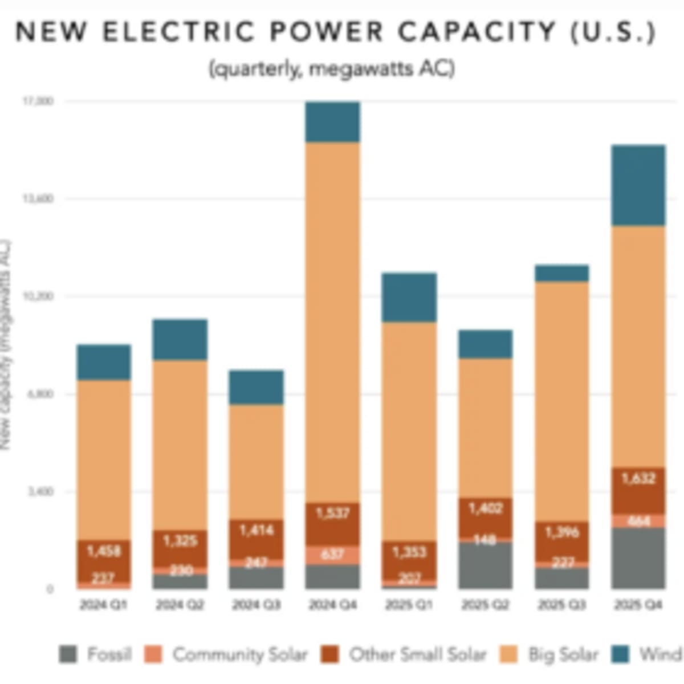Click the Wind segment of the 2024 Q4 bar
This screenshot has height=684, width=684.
[x=333, y=122]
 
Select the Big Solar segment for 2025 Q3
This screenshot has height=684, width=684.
[x=561, y=401]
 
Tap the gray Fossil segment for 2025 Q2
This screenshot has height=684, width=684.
[x=486, y=565]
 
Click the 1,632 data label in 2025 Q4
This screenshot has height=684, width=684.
[x=638, y=479]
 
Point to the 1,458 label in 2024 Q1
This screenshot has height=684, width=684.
[x=104, y=551]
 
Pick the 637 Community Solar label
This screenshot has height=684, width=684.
[x=333, y=554]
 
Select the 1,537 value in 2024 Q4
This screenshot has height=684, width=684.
[x=333, y=514]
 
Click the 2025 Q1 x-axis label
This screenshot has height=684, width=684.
[x=409, y=605]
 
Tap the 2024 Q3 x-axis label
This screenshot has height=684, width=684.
[x=256, y=605]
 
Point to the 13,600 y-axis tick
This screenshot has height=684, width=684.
[x=37, y=199]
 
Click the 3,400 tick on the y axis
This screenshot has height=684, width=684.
[x=37, y=491]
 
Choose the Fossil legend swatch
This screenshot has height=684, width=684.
[x=68, y=654]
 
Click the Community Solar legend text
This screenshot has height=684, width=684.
[x=239, y=654]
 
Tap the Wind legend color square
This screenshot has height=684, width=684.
[x=621, y=654]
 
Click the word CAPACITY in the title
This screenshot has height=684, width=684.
[x=476, y=31]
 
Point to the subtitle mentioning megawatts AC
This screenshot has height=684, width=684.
[x=332, y=69]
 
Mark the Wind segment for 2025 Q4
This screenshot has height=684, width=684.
[x=638, y=185]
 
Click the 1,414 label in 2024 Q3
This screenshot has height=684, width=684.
[x=256, y=531]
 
